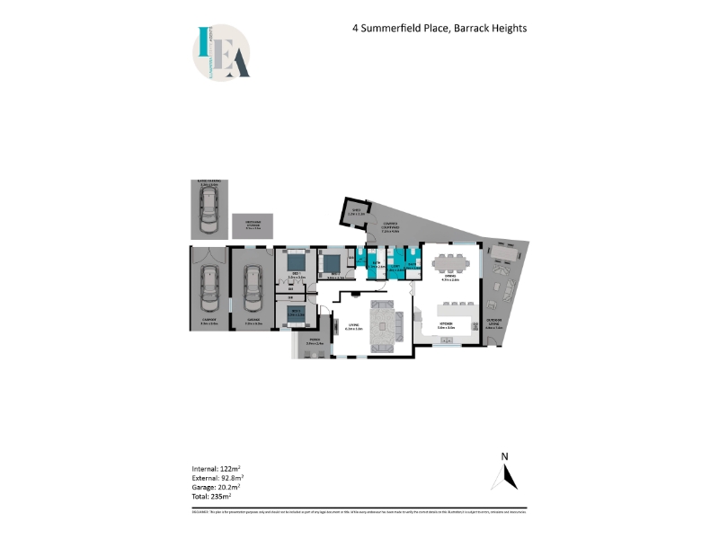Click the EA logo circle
click(x=220, y=53)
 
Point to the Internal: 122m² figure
click(x=212, y=469)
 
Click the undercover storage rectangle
click(x=253, y=225)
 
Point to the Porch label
click(x=313, y=342)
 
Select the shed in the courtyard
click(x=354, y=214)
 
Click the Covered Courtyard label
click(x=391, y=229)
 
